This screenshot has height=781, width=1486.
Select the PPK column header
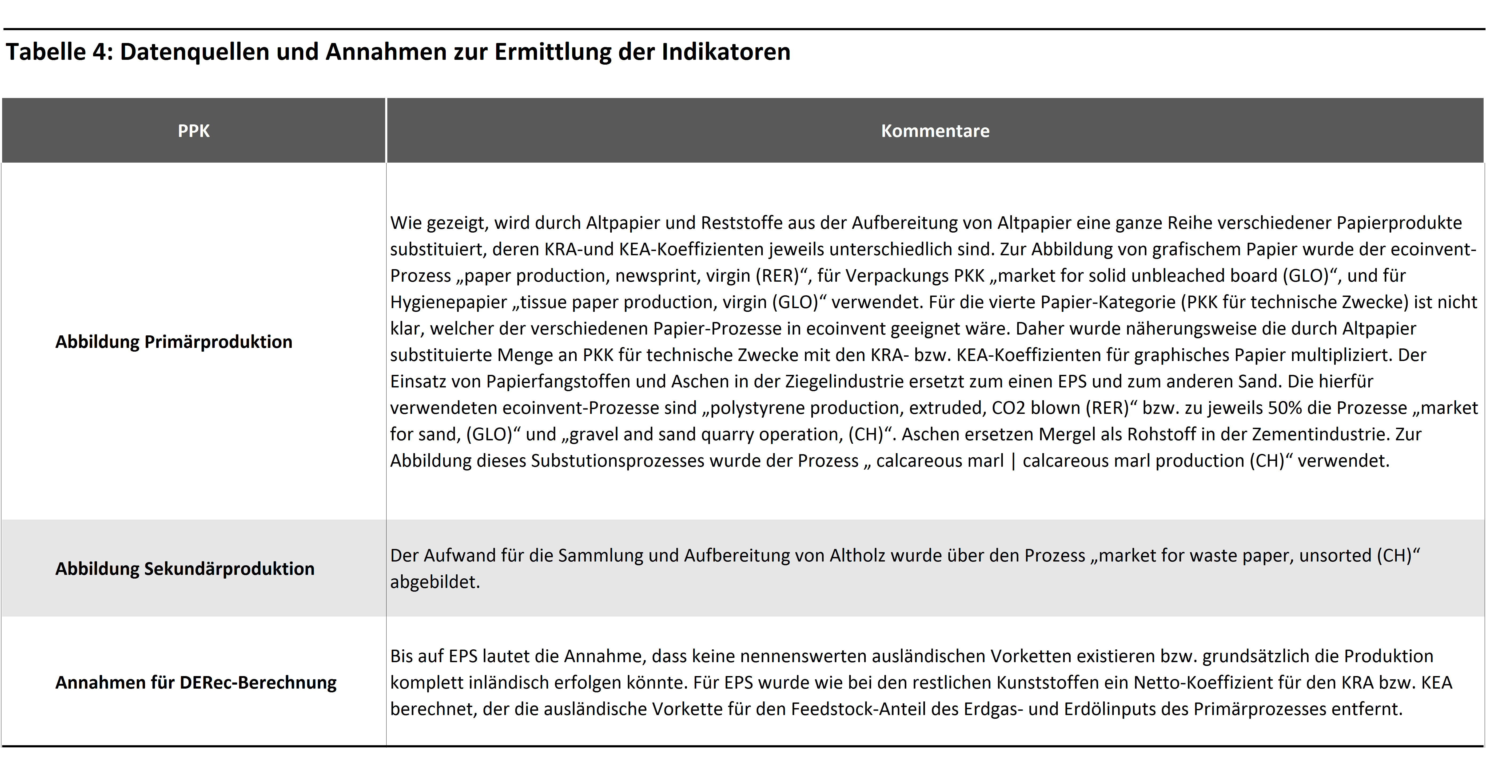coord(194,131)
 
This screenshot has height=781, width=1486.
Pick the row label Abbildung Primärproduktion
coord(174,342)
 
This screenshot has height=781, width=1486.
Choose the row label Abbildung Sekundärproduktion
coord(185,568)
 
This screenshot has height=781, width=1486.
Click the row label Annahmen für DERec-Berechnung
coord(196,682)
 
